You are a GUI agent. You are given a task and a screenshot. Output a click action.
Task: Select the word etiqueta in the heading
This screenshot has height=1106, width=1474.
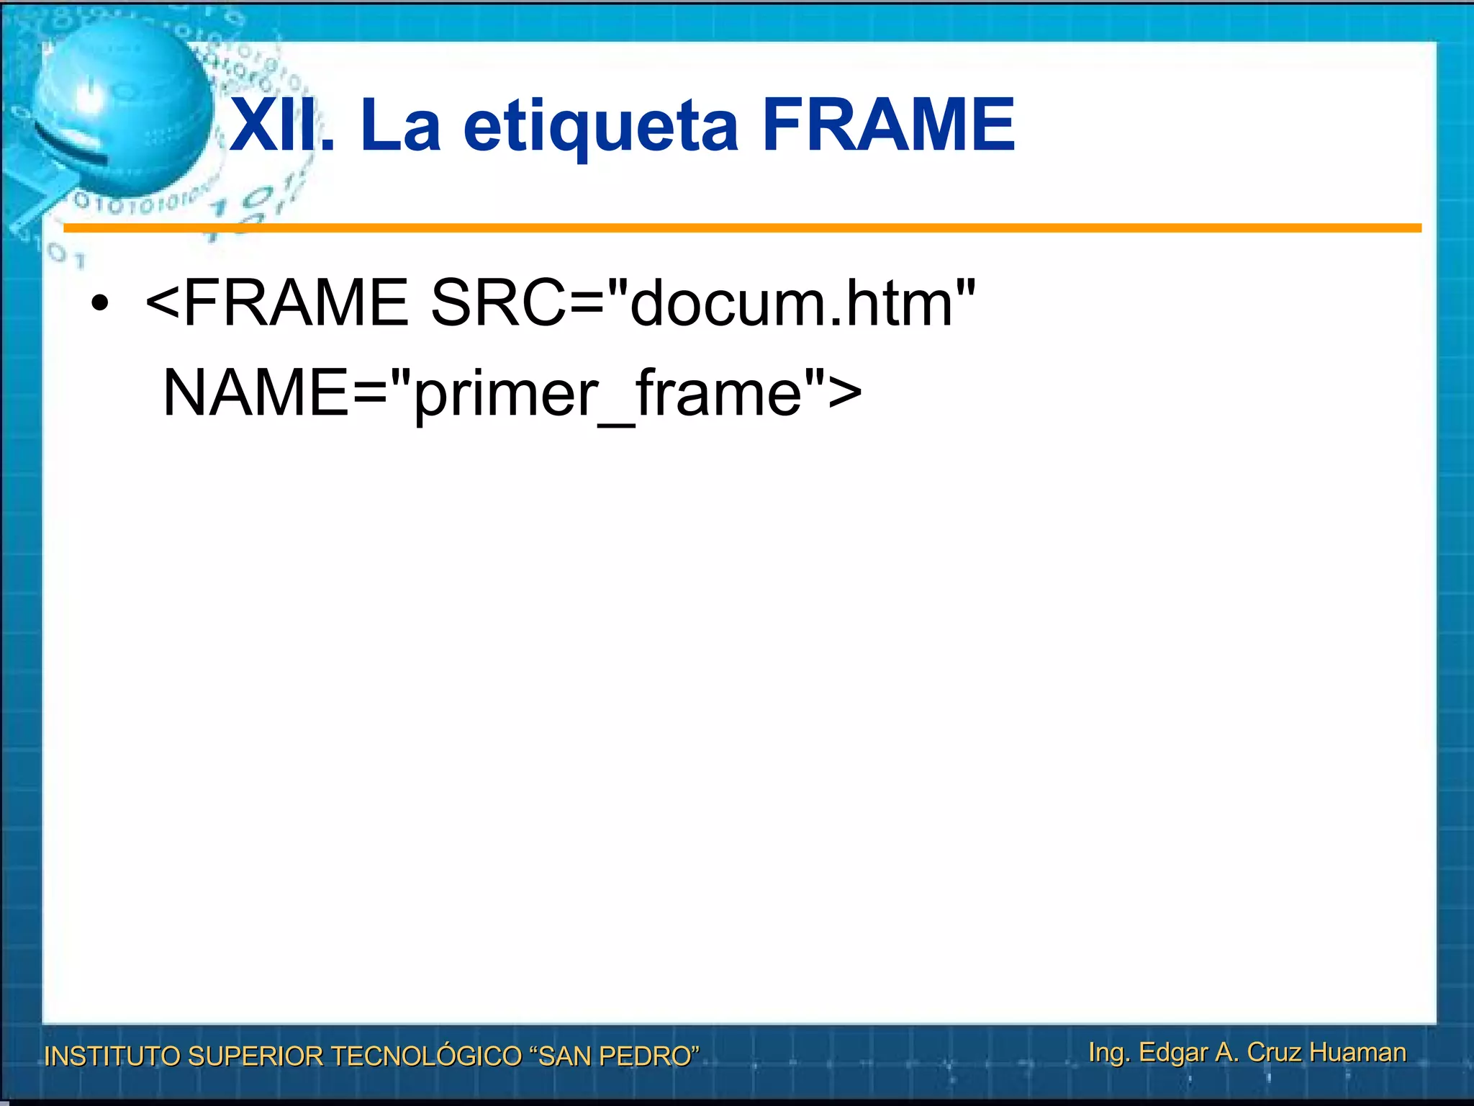(600, 127)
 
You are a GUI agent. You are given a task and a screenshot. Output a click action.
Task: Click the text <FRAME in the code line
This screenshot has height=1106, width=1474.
(277, 302)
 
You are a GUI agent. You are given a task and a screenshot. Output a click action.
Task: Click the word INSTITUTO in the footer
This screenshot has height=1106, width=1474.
(112, 1056)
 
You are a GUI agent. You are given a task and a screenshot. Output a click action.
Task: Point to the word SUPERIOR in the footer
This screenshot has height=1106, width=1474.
(256, 1056)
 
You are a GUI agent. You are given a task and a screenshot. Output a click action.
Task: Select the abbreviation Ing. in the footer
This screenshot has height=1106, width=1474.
(1108, 1053)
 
